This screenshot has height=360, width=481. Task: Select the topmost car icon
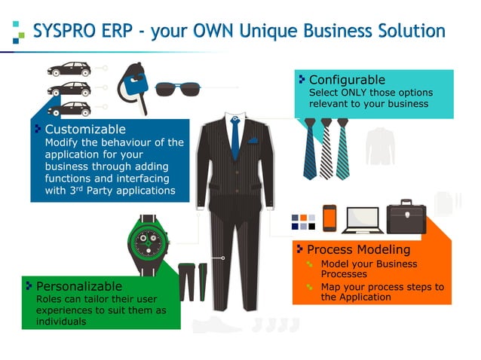69,69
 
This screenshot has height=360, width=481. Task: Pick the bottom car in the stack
69,107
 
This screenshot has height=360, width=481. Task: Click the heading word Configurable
347,80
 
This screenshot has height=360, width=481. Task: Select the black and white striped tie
326,147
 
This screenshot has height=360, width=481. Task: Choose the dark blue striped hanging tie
310,148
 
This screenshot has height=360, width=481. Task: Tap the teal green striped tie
343,147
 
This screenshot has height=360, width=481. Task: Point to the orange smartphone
329,218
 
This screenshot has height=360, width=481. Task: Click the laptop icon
360,219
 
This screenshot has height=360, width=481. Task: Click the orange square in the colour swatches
303,218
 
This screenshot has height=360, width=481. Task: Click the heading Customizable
85,129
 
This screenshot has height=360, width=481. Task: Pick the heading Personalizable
79,286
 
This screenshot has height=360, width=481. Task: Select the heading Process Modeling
358,249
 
